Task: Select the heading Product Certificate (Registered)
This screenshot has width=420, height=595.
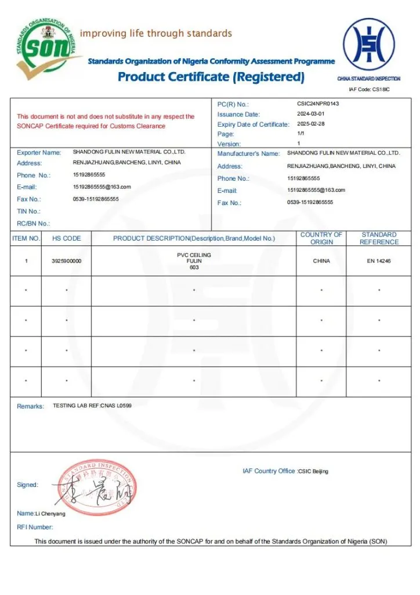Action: [x=211, y=77]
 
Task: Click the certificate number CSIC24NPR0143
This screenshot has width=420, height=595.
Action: [x=318, y=103]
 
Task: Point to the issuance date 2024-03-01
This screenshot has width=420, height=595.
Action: [x=311, y=114]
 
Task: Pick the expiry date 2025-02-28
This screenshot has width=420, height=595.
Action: [x=311, y=124]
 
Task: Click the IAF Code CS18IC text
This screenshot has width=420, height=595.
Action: [x=369, y=89]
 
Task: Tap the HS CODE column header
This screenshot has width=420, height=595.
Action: [x=67, y=238]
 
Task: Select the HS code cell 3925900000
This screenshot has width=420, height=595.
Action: [x=67, y=261]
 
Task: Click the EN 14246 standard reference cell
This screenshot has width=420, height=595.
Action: [x=379, y=261]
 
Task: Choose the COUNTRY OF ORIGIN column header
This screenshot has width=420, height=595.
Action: [x=321, y=238]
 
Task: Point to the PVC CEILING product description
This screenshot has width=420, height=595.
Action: [x=194, y=255]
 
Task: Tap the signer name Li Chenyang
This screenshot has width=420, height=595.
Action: [x=50, y=514]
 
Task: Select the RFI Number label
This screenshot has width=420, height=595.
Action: [x=35, y=527]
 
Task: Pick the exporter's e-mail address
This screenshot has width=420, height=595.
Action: [x=102, y=187]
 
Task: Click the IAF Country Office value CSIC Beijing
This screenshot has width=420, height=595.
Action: [x=313, y=471]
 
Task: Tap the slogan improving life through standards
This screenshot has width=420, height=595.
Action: [x=155, y=33]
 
